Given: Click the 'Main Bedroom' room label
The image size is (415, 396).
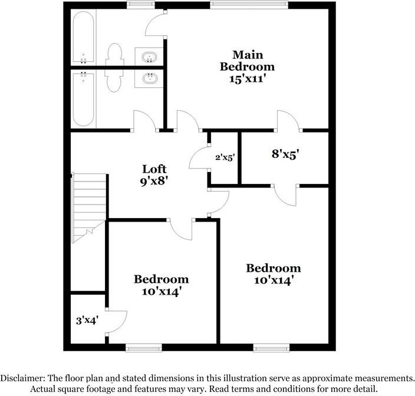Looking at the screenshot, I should [247, 60].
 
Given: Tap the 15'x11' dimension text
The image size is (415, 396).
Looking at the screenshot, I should [247, 78].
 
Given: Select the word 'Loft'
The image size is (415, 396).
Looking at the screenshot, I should [150, 170].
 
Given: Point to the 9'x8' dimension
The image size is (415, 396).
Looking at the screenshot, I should [150, 183].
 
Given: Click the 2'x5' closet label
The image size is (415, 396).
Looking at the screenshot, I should [225, 158].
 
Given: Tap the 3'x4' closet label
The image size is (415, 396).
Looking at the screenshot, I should [87, 321].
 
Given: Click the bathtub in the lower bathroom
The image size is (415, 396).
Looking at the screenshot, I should [83, 98].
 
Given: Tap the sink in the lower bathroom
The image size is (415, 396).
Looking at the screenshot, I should [150, 78].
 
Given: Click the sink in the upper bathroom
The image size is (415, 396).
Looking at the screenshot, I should [150, 57].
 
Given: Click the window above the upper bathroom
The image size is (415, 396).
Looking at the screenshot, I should [137, 5].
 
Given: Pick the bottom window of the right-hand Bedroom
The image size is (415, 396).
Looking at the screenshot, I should [271, 347].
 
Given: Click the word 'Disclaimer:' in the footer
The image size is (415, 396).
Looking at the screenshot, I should [27, 378].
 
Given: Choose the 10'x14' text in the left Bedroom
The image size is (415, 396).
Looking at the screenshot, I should [161, 291].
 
